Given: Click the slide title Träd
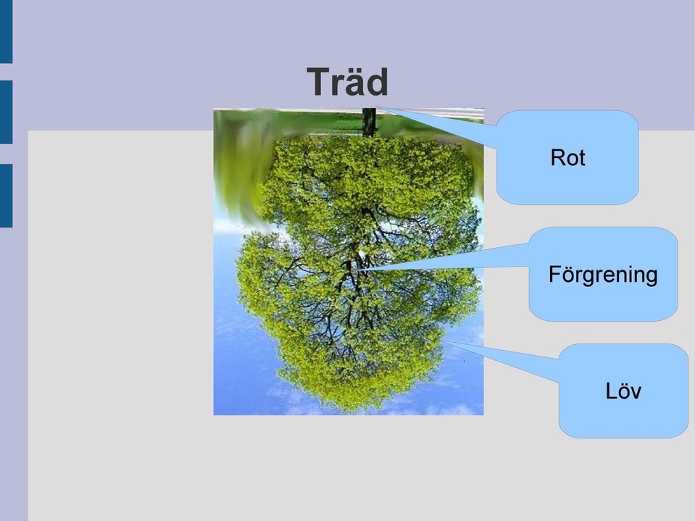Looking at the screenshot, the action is pos(348,81).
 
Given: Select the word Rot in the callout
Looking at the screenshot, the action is pos(567,158).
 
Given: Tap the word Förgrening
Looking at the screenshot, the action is pos(603,275).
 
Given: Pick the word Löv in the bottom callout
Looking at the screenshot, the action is pos(623,391).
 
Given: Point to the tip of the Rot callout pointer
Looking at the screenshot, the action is pos(376,107).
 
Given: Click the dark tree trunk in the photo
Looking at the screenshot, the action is pos(369,122).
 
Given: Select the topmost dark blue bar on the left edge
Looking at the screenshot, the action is pos(7,31).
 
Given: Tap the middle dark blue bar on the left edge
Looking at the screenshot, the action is pos(7,112).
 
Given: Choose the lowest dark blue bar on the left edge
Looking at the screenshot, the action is pos(7,196).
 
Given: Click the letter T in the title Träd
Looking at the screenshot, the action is pos(318,81).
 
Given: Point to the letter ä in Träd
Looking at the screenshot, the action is pos(354,83).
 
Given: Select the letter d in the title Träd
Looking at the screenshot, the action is pos(377,81).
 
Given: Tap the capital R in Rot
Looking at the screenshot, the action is pos(557,158).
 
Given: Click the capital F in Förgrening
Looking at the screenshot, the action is pos(555,274).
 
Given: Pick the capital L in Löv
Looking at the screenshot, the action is pos(611,391).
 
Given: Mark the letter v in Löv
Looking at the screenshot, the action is pos(636,393).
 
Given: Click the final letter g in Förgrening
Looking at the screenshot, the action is pos(652,278).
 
